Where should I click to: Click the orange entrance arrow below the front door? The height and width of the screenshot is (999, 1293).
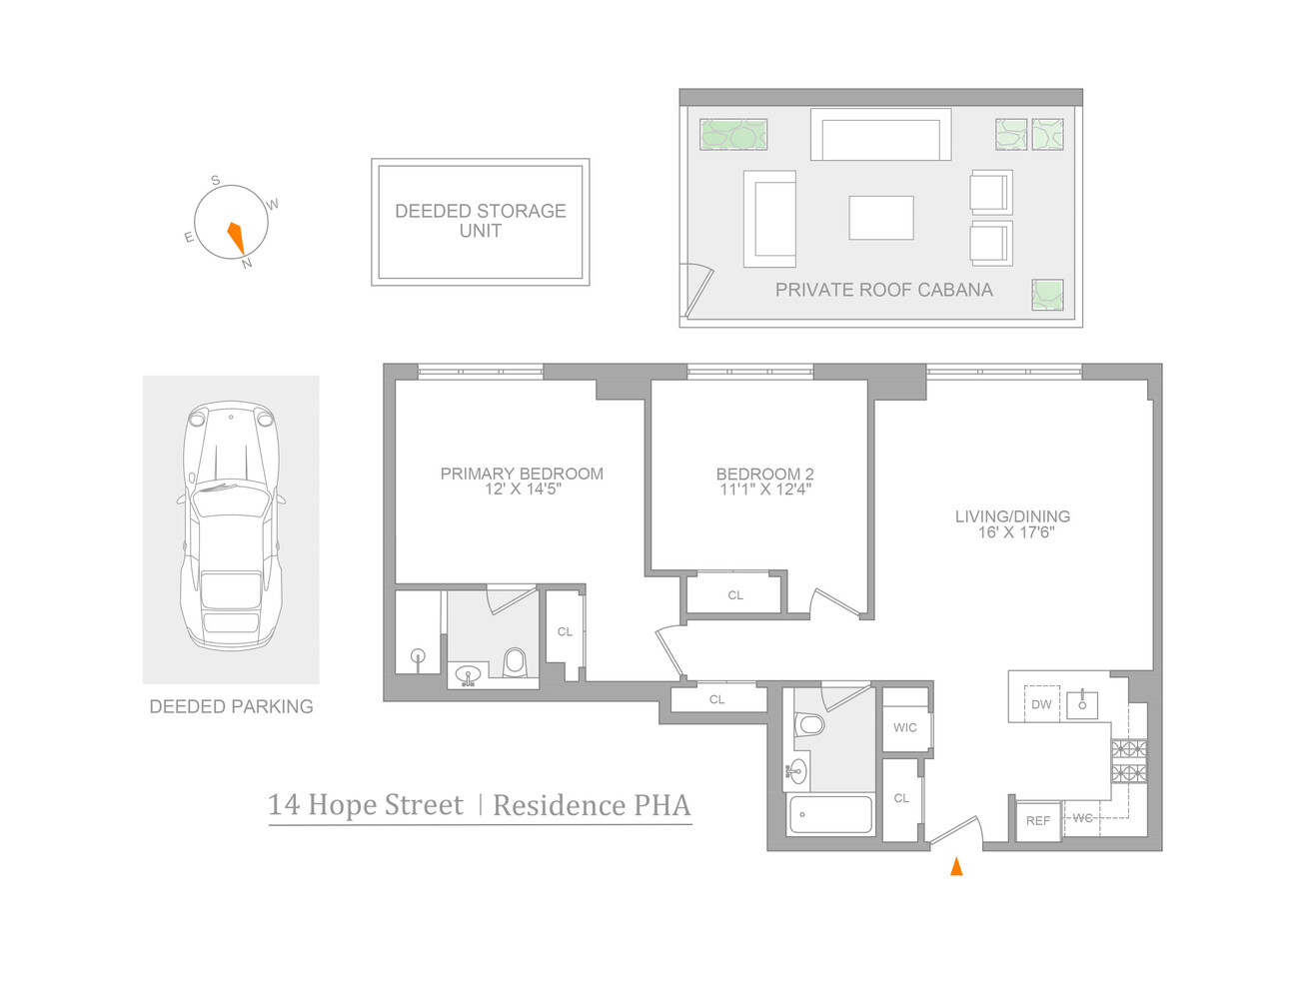coord(956,866)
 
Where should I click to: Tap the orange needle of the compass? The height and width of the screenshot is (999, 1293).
coord(236,237)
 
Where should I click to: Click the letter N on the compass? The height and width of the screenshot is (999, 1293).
coord(247,264)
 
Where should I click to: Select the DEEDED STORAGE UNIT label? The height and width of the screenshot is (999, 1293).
coord(481,221)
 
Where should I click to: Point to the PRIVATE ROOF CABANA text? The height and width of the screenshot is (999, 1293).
coord(883,290)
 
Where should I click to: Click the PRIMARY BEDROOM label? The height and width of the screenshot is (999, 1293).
coord(522,474)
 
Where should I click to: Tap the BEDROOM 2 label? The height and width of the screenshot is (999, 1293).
coord(764,474)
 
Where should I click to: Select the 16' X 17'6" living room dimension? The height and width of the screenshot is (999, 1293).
coord(1016,532)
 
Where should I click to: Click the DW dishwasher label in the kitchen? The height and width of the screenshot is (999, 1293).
coord(1041,704)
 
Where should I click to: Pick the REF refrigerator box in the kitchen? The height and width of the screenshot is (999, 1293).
coord(1037,821)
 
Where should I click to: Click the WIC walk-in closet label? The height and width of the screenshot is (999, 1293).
coord(904,727)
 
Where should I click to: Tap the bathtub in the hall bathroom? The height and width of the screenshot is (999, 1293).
coord(830,815)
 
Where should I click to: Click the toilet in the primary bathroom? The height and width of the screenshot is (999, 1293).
coord(515,661)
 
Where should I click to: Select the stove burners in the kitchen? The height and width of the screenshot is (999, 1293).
coord(1129,760)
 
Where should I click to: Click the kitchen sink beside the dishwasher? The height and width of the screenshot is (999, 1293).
coord(1082,703)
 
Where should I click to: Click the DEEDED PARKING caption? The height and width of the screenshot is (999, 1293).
coord(231,706)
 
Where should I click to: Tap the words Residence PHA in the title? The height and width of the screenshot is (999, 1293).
coord(592,805)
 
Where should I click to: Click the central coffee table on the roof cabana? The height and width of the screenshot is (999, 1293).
coord(880,218)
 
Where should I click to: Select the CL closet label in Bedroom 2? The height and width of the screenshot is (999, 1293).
coord(735,595)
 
